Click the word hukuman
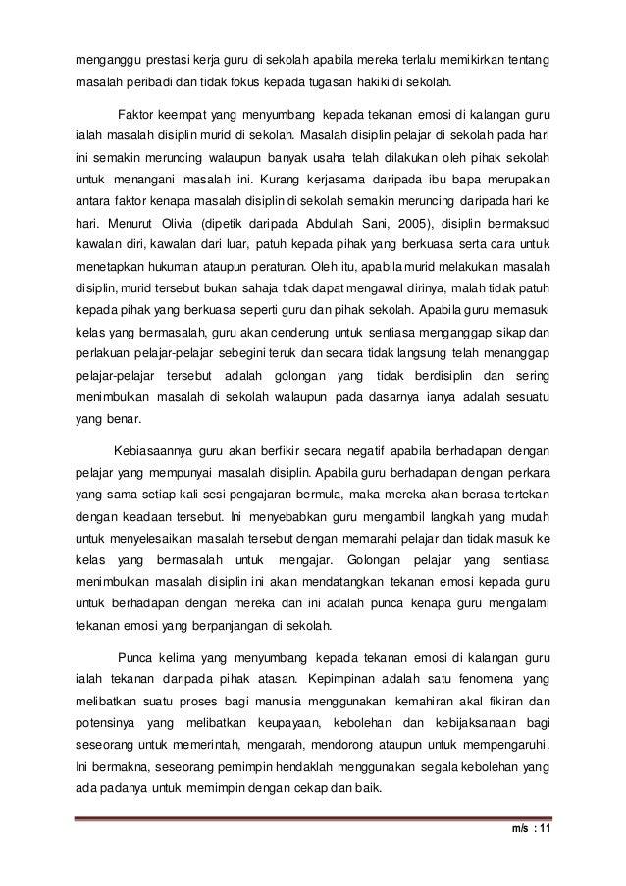point(164,266)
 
